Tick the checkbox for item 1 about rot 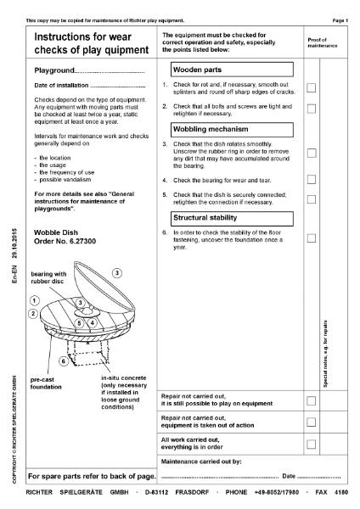(x=312, y=87)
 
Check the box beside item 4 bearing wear (x=312, y=180)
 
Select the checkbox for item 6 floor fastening (x=312, y=238)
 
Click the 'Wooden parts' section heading (x=232, y=70)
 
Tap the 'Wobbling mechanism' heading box (x=232, y=130)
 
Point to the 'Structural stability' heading (x=232, y=219)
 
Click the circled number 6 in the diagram (x=64, y=361)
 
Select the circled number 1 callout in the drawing (x=35, y=300)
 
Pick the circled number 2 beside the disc (x=33, y=314)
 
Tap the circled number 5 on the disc (x=79, y=323)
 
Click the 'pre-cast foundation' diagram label (x=46, y=383)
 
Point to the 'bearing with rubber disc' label (x=48, y=277)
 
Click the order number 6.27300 (x=83, y=241)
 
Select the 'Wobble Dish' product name (x=56, y=232)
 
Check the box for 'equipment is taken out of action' (x=312, y=422)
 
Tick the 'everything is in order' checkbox (x=312, y=444)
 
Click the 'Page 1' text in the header (x=340, y=20)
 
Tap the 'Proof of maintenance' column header (x=323, y=42)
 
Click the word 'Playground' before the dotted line (x=54, y=70)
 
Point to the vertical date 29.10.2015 (x=14, y=243)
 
